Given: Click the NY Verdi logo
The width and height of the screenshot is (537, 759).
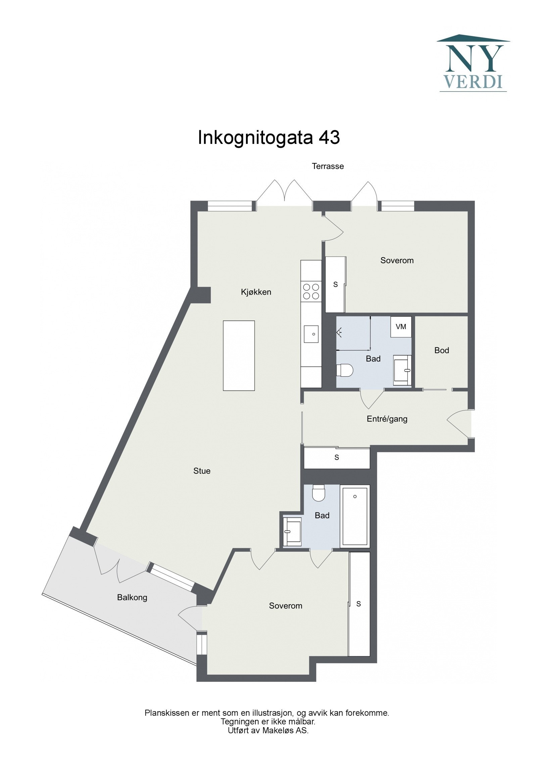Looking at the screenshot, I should (473, 64).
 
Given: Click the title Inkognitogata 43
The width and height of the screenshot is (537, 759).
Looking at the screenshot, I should (268, 138).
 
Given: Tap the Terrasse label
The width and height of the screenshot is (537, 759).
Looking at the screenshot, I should (328, 166).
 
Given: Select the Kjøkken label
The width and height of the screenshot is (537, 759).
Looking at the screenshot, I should (256, 292).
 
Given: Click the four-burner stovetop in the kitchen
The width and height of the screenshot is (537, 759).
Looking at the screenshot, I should (311, 291).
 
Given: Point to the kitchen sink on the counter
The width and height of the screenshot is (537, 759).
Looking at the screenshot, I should (311, 334).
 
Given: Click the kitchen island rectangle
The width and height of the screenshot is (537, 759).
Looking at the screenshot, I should (239, 356).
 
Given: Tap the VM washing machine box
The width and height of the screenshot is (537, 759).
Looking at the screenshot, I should (401, 327).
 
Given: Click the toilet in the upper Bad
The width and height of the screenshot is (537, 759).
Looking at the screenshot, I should (345, 370).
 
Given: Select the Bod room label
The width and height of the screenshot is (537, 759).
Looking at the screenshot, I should (441, 350).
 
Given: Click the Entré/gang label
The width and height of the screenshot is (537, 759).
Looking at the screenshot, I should (387, 419).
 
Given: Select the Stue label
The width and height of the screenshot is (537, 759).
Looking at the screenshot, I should (202, 471).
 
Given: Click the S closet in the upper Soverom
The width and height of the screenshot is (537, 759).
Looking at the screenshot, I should (335, 284).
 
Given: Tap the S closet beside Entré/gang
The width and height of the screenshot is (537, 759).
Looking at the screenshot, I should (337, 457).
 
